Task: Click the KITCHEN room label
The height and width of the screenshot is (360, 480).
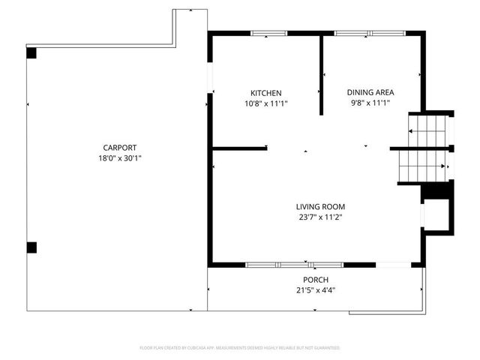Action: pos(265,92)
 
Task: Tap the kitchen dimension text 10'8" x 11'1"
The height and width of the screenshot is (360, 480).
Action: pos(265,103)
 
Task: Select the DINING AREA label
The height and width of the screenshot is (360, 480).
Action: pos(370,92)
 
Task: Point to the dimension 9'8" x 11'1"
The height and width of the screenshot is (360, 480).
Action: pos(370,103)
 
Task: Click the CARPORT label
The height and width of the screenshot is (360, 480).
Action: pos(120,148)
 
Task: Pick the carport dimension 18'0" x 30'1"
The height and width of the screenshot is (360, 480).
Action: pos(120,158)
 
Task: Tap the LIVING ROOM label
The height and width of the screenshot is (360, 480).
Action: pos(320,206)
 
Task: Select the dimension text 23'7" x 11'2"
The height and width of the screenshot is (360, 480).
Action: pos(320,217)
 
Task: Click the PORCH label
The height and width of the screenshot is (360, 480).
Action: pos(315,279)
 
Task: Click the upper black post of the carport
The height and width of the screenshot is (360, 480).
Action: pos(31,53)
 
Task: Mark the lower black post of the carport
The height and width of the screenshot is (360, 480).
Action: pos(31,247)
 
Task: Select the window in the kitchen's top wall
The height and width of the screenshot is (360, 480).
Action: pos(268,33)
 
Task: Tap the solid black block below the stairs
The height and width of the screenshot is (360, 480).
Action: pos(433,192)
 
